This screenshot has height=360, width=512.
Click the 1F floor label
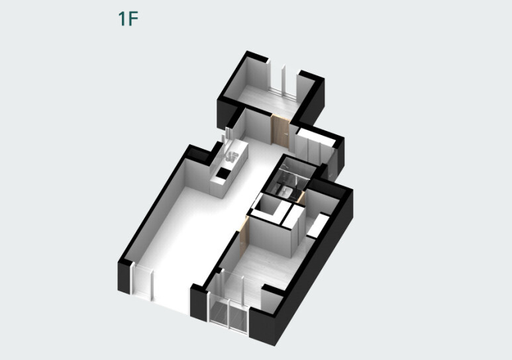(x=128, y=19)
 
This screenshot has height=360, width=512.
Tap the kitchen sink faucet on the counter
(x=232, y=157)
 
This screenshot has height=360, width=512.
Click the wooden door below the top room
(x=280, y=130)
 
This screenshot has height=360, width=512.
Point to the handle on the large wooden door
(x=285, y=133)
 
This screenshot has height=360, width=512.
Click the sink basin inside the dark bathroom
(x=287, y=191)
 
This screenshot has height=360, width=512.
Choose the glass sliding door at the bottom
(x=229, y=314)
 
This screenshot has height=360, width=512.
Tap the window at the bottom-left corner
(x=142, y=283)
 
